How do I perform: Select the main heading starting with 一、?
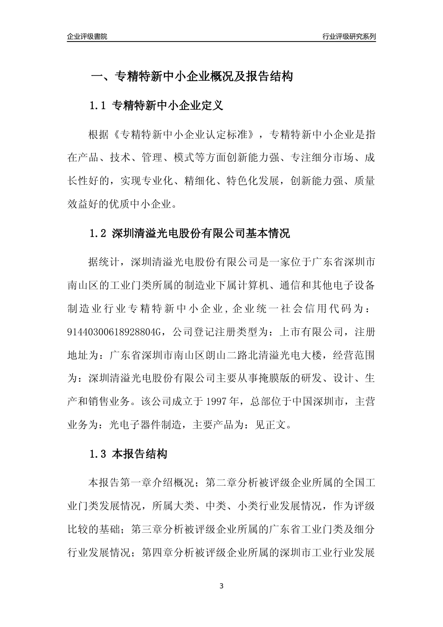point(191,77)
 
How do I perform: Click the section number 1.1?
point(99,106)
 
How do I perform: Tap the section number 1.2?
point(99,233)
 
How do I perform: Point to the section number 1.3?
point(99,454)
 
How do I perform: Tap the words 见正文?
point(271,425)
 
